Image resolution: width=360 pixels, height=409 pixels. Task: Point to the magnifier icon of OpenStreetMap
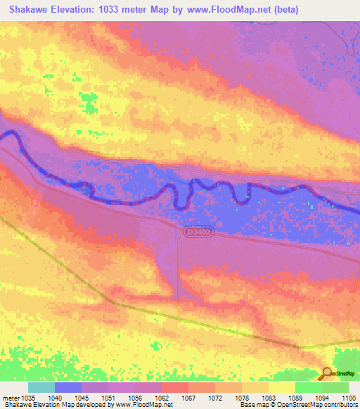(x=326, y=374)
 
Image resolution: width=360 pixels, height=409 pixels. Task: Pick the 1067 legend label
(x=188, y=398)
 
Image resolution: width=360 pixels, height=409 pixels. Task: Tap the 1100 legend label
(x=348, y=398)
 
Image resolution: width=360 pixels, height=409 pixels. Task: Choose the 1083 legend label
(x=268, y=398)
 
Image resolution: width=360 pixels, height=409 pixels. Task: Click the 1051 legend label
(x=108, y=398)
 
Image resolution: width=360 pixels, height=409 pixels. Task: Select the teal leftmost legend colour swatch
(x=41, y=387)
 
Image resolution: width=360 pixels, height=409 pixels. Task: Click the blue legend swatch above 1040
(x=68, y=387)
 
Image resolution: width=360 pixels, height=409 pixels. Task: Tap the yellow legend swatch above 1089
(x=281, y=387)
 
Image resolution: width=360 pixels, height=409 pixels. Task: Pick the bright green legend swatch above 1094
(x=308, y=387)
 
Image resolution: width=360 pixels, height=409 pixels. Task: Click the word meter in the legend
(x=11, y=398)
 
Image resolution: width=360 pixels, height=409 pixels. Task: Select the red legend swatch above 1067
(x=174, y=387)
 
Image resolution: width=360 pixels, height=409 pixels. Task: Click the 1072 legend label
(x=214, y=398)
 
